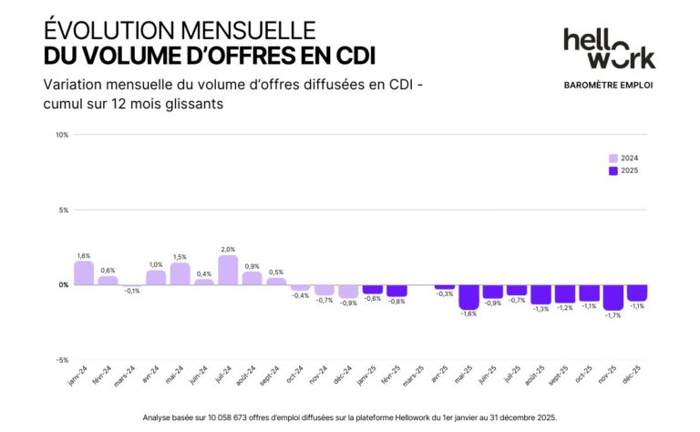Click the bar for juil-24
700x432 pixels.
tap(228, 270)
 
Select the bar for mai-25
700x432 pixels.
tap(468, 296)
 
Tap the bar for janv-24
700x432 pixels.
tap(84, 273)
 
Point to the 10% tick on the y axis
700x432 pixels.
tap(62, 135)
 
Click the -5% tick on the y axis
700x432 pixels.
tap(62, 360)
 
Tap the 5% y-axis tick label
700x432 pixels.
tap(64, 210)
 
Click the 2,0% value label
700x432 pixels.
tap(228, 249)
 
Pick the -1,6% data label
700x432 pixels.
tap(468, 314)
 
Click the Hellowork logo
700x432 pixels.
tap(609, 48)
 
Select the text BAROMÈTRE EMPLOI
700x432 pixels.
tap(609, 86)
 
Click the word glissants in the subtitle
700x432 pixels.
tap(192, 105)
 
